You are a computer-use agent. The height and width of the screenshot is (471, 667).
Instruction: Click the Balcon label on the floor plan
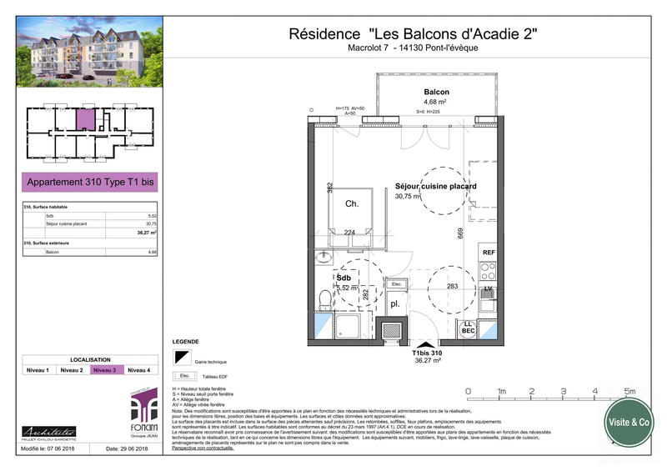pos(436,93)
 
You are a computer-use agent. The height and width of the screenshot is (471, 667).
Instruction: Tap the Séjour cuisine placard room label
pos(435,187)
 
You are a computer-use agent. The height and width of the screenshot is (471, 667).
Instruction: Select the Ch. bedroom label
pos(353,203)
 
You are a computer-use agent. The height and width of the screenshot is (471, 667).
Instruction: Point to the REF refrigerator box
pos(488,251)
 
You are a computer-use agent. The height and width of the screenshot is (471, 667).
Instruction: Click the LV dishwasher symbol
pos(489,289)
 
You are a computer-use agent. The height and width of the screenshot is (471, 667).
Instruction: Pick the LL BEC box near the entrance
pos(469,328)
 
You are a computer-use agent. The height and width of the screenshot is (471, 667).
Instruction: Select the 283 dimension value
pos(452,287)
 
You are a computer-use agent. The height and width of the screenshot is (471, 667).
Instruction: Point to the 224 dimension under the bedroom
pos(349,233)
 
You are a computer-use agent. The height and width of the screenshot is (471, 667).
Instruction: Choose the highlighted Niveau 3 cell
pos(107,369)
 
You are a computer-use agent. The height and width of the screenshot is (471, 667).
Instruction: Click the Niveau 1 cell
pos(39,369)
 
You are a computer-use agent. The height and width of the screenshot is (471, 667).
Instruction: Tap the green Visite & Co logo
pos(629,422)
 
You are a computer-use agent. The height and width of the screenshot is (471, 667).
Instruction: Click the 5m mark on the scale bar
pos(629,391)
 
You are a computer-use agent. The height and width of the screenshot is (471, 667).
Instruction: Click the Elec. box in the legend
pos(180,376)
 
